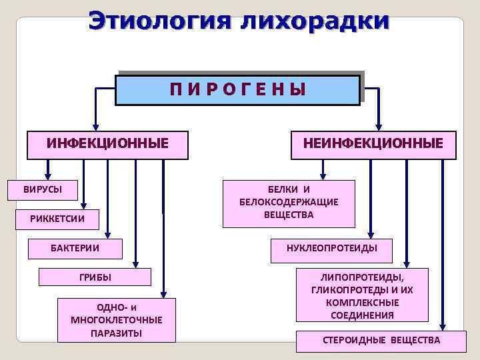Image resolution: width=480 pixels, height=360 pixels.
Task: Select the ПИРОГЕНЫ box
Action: pyautogui.click(x=237, y=89)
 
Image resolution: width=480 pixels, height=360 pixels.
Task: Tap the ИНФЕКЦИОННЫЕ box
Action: pyautogui.click(x=107, y=144)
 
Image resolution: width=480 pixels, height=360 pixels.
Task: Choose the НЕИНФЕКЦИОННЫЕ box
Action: pyautogui.click(x=373, y=144)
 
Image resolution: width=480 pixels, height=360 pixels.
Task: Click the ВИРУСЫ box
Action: pyautogui.click(x=43, y=189)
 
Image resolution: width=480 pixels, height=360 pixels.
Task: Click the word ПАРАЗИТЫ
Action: pyautogui.click(x=116, y=333)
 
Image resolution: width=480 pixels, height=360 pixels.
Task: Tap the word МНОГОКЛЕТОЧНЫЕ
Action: pyautogui.click(x=116, y=320)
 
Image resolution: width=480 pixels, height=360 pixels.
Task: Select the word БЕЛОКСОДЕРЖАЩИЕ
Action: pyautogui.click(x=289, y=202)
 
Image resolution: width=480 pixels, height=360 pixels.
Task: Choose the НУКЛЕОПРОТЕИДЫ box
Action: pyautogui.click(x=331, y=249)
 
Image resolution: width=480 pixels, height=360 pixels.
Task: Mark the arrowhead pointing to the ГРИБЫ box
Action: pyautogui.click(x=136, y=263)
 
